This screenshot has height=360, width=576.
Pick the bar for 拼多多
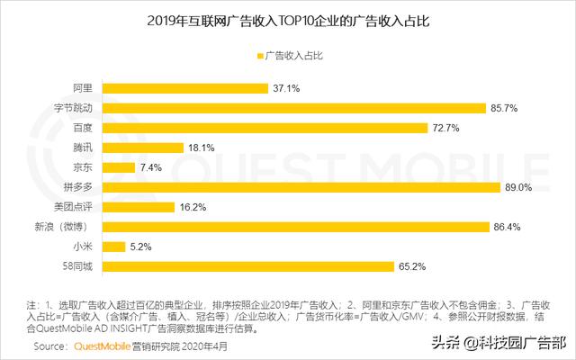click(x=301, y=186)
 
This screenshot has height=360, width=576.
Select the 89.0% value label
click(x=520, y=187)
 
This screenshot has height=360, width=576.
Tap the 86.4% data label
click(x=509, y=226)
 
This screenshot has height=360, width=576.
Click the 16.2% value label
click(x=192, y=207)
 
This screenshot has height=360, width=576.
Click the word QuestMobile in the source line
click(x=102, y=346)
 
